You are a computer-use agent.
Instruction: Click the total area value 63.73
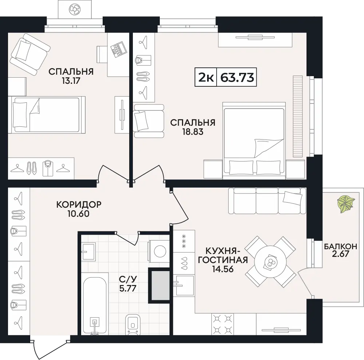[237, 77]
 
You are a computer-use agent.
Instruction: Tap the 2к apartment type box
[206, 77]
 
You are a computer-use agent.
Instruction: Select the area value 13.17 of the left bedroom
[71, 81]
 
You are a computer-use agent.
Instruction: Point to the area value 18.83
[193, 132]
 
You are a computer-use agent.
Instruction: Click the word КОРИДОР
[79, 204]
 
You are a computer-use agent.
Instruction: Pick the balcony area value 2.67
[341, 254]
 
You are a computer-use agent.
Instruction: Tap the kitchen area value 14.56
[223, 269]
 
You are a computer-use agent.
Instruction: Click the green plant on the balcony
[346, 204]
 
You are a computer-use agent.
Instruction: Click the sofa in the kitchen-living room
[267, 200]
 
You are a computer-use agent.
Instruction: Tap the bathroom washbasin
[88, 252]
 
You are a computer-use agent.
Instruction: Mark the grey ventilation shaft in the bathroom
[159, 286]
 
